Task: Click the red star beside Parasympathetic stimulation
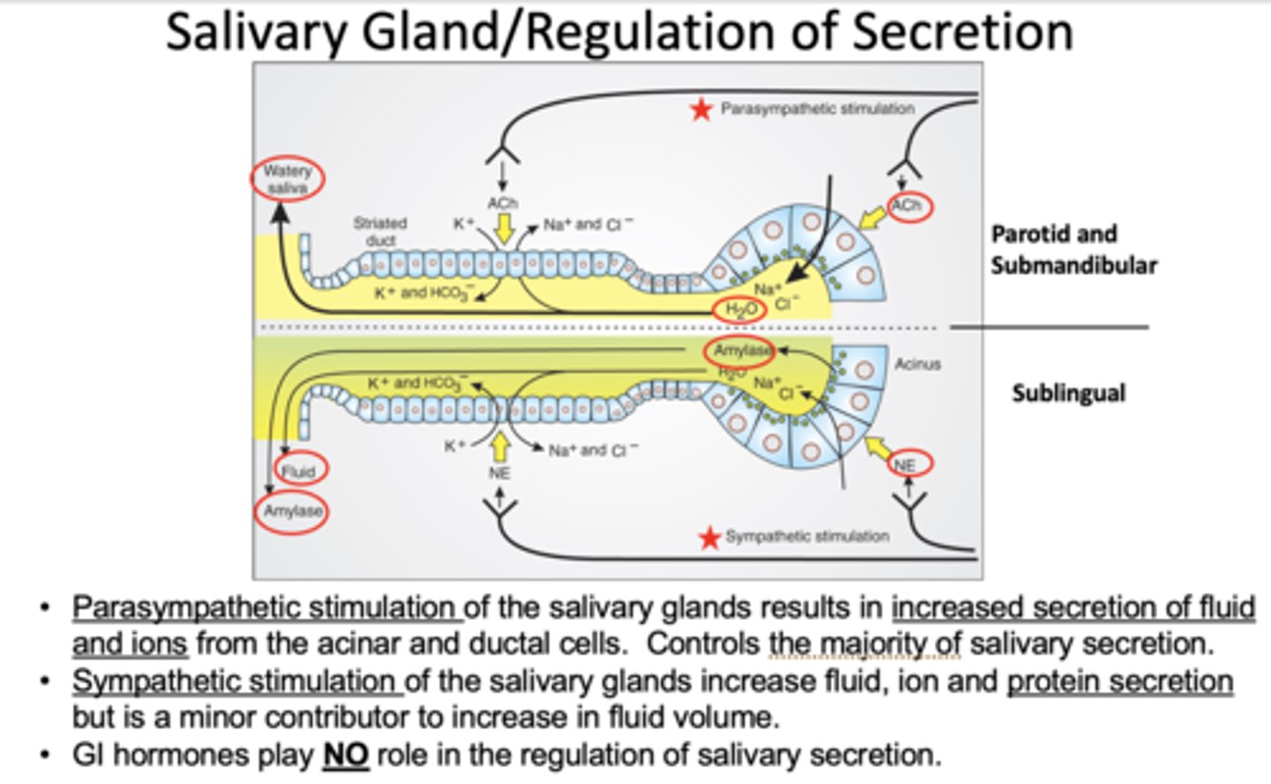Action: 701,110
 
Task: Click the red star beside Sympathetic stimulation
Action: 709,538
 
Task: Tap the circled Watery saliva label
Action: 287,179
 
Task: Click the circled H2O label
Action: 740,310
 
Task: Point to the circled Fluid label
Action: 298,471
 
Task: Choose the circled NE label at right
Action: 905,465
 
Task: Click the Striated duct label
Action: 380,231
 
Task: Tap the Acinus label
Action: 917,363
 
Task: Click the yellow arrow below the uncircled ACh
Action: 503,230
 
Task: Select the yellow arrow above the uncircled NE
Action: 500,446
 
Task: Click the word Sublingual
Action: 1068,392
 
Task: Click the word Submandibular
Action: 1073,265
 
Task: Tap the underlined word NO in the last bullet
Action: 346,756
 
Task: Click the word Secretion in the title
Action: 961,32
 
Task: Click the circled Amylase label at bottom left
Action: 292,511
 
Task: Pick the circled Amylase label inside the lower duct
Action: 740,350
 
